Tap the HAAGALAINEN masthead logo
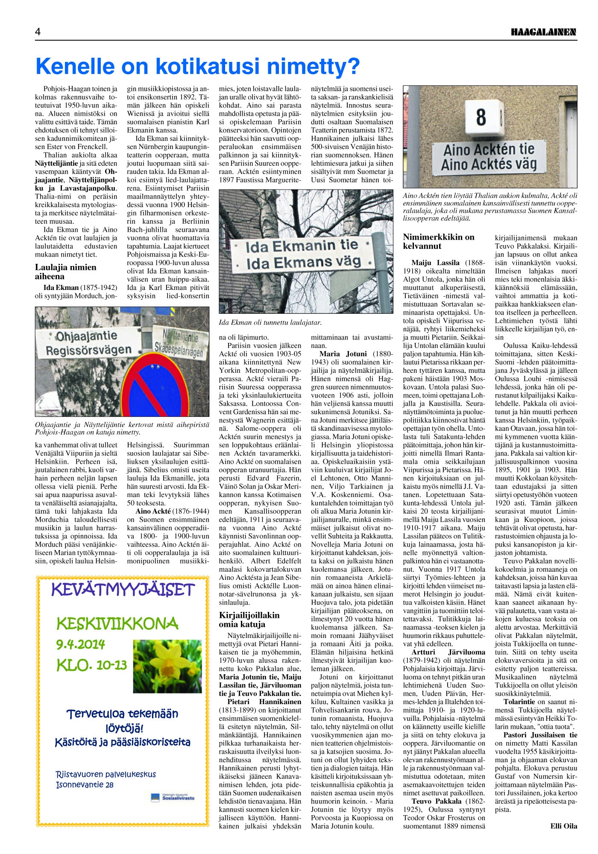[544, 32]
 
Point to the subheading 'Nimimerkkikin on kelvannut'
[439, 242]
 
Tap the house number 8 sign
[481, 117]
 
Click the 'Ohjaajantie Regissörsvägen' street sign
[89, 344]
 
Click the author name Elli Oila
[564, 826]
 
